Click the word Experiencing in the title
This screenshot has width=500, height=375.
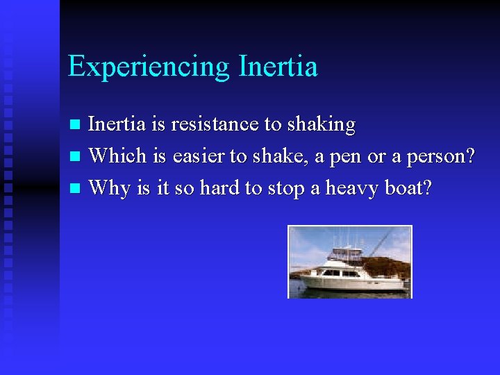(149, 67)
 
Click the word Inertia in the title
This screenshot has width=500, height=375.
(278, 67)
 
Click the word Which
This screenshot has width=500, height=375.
(117, 156)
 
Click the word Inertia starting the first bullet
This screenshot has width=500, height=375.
(116, 125)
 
